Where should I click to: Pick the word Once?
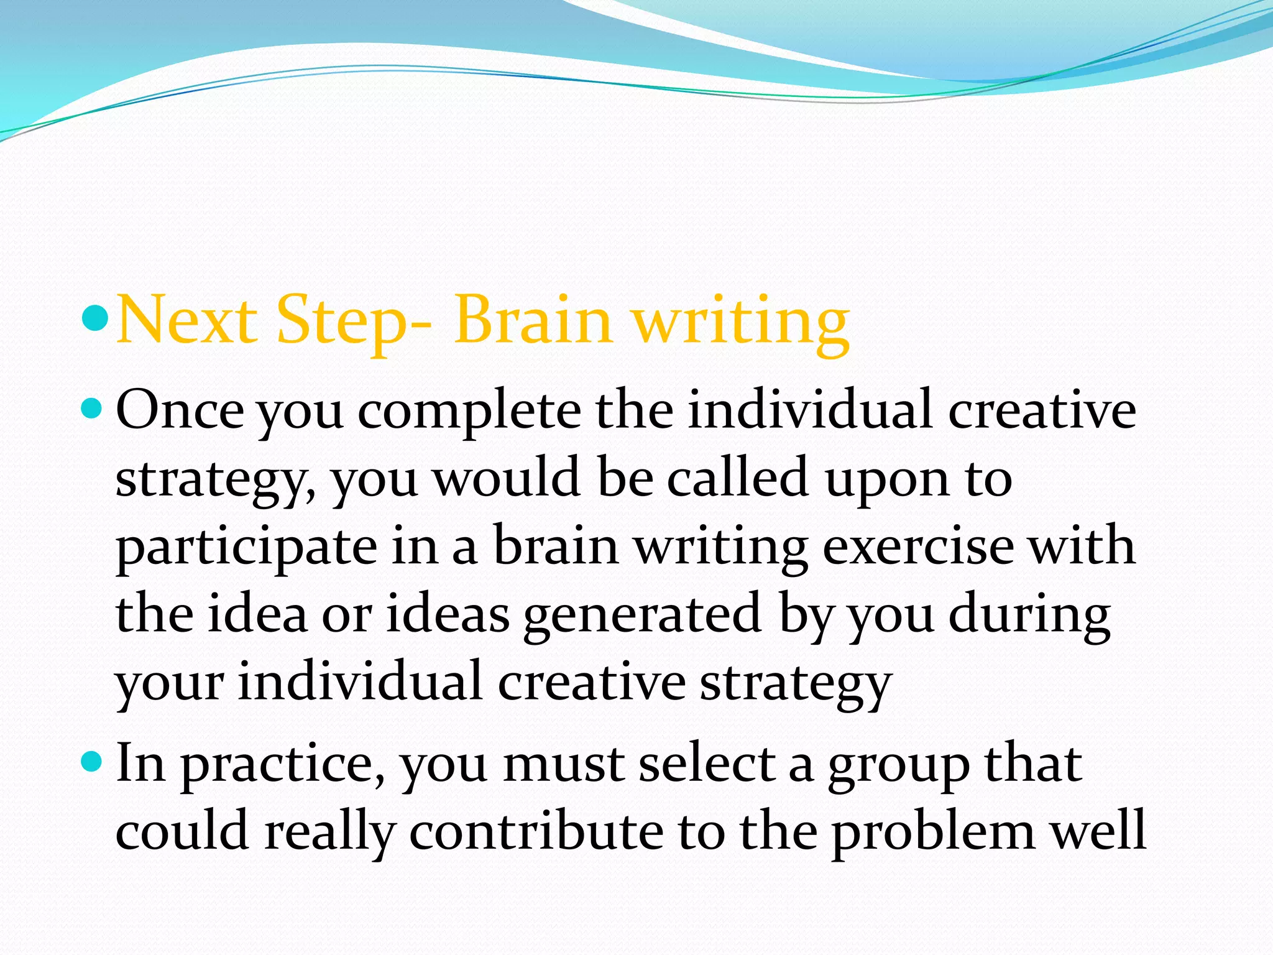180,410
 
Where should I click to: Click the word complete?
469,413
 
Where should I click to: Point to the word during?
1029,616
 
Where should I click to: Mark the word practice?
282,766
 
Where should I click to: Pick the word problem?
932,833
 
